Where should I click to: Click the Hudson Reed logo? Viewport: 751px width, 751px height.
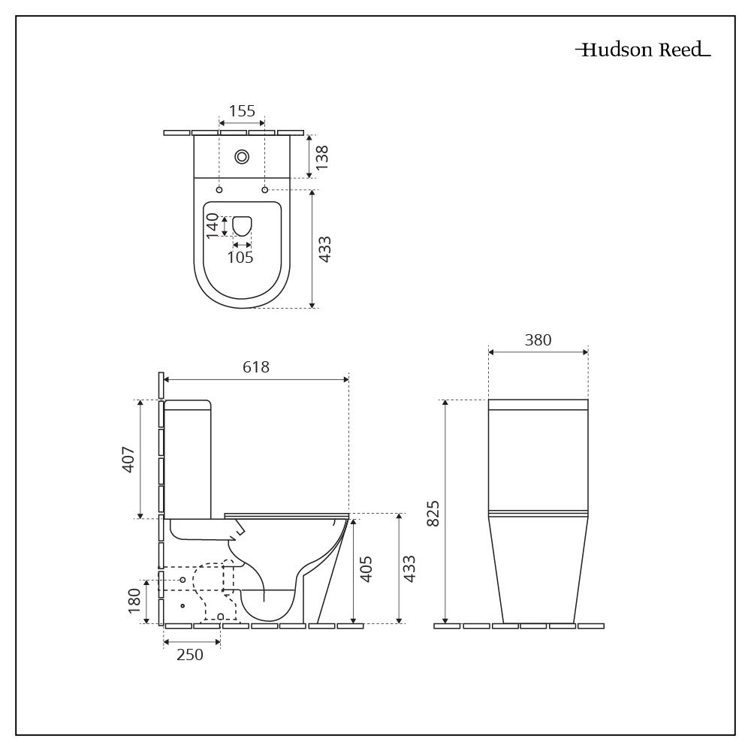click(x=642, y=50)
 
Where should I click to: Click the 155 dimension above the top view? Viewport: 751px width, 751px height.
click(x=242, y=111)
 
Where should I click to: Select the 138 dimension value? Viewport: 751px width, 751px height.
click(x=322, y=156)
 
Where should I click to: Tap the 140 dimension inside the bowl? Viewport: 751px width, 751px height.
click(x=213, y=225)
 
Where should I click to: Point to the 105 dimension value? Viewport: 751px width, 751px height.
click(x=240, y=258)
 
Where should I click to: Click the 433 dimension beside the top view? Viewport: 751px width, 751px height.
click(x=324, y=249)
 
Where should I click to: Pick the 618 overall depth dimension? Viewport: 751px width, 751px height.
click(x=256, y=367)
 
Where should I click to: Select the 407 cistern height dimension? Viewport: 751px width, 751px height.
click(x=128, y=458)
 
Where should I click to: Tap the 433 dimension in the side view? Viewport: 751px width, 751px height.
click(x=409, y=569)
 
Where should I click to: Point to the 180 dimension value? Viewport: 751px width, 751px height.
click(x=134, y=602)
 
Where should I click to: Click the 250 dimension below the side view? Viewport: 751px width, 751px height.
click(x=190, y=655)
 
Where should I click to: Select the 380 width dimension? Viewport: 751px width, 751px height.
click(x=538, y=340)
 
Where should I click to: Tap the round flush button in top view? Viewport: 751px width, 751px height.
click(x=242, y=156)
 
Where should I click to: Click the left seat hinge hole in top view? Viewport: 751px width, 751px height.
click(x=219, y=190)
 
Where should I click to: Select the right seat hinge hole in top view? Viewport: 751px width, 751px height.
click(x=264, y=190)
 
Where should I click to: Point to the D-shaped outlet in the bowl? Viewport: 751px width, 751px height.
click(x=242, y=225)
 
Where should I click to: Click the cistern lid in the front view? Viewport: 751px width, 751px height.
click(x=538, y=405)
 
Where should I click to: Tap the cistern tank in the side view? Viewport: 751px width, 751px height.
click(x=189, y=458)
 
